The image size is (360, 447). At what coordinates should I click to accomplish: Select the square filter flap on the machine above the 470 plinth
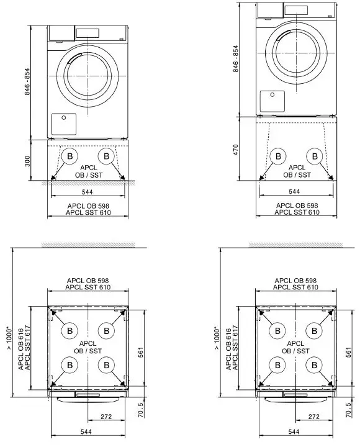pos(272,101)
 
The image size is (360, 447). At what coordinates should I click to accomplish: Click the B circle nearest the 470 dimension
pos(279,156)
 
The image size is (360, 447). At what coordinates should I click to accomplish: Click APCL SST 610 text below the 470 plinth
pos(297,212)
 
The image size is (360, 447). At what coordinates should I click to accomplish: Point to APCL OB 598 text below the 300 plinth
pos(88,205)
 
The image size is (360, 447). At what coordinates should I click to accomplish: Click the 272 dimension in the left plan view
pos(106,417)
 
